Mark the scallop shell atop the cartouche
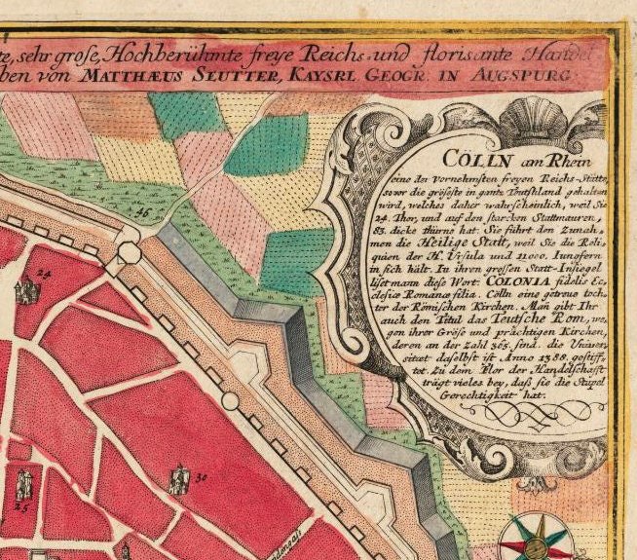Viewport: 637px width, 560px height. tap(493, 113)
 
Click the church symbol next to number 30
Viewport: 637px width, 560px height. tap(179, 479)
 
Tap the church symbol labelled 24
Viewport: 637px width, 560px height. tap(23, 291)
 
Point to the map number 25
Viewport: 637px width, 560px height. tap(21, 507)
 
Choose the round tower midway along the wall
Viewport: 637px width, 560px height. tap(230, 400)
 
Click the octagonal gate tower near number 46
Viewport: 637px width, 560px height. tap(128, 252)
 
